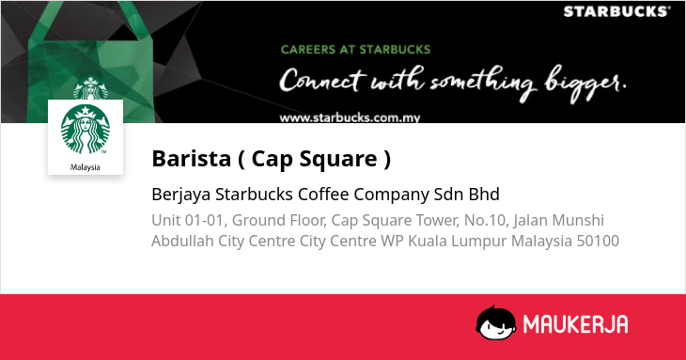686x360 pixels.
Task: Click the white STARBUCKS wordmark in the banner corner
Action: click(x=616, y=11)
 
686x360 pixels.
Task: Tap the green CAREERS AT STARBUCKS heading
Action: click(x=356, y=50)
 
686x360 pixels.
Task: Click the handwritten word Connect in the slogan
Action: click(x=321, y=80)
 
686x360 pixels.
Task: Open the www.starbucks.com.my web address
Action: click(x=350, y=117)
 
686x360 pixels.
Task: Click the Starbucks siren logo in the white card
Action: click(x=86, y=130)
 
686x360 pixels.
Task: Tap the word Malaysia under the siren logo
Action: click(x=86, y=167)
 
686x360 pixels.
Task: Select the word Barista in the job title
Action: click(x=191, y=158)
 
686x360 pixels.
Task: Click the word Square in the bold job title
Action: click(x=338, y=159)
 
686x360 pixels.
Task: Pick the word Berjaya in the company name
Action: click(x=181, y=195)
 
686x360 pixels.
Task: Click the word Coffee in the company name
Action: click(x=323, y=195)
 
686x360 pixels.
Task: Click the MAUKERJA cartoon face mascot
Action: click(x=495, y=323)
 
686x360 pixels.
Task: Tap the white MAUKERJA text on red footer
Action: click(x=576, y=324)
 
